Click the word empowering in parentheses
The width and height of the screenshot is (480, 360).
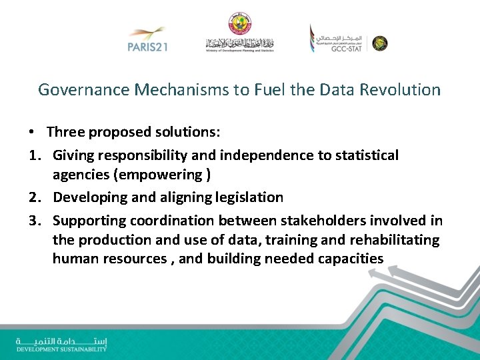[167, 174]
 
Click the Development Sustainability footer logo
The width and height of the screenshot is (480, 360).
[61, 344]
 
